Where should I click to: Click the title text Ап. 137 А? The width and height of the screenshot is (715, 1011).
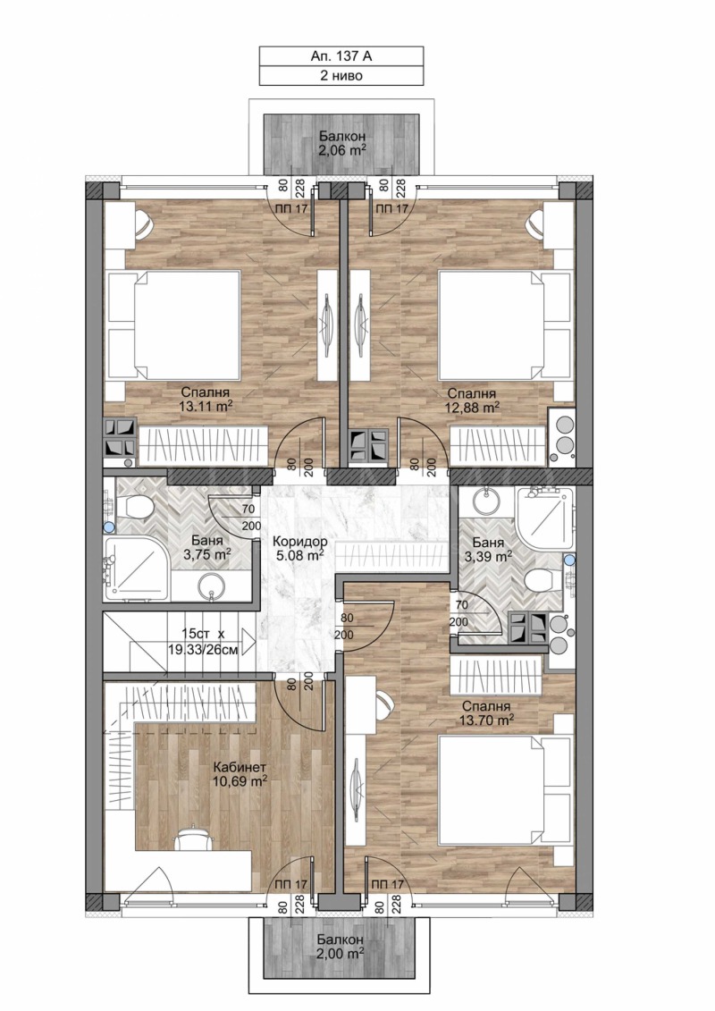point(341,56)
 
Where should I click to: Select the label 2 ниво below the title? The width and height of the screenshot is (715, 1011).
point(341,76)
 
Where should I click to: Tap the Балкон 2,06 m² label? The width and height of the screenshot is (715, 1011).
point(341,144)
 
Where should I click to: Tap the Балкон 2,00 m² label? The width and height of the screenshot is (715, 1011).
point(340,948)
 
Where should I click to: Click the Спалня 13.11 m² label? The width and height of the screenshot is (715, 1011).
point(206,399)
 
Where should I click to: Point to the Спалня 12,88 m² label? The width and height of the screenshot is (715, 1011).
point(474,399)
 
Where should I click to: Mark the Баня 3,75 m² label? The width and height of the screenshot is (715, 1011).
point(206,547)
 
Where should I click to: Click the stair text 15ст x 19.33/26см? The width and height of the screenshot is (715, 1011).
point(209,641)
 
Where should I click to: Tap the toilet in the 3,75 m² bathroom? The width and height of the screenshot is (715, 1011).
point(138,509)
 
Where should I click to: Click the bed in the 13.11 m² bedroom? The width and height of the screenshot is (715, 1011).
point(174,324)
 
